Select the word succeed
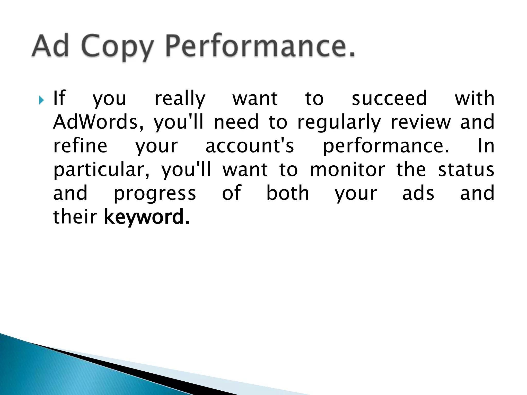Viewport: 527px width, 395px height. point(389,98)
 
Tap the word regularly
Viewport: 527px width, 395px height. point(339,122)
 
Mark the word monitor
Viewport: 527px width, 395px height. point(347,169)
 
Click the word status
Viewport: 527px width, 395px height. point(466,169)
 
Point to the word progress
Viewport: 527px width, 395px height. point(155,194)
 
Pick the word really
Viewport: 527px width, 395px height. point(180,99)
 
